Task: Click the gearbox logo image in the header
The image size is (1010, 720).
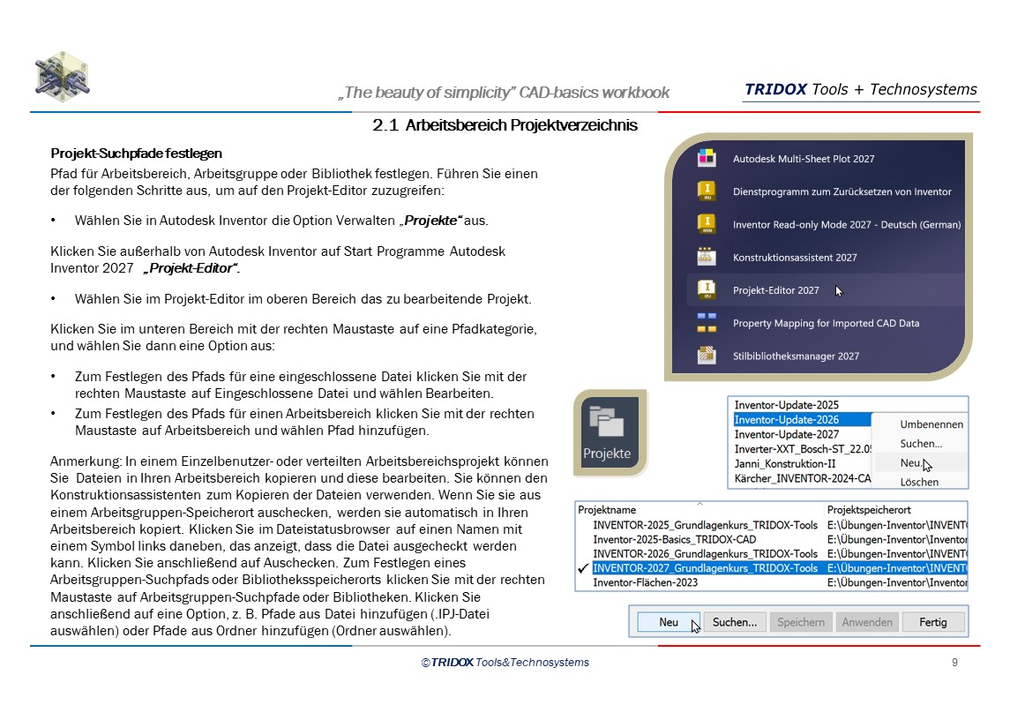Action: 62,78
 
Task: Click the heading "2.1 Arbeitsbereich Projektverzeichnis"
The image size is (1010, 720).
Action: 505,126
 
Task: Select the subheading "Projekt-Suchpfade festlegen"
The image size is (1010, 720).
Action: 136,154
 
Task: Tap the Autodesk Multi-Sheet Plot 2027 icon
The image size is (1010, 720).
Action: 706,159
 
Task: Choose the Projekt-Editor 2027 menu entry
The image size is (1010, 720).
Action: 775,290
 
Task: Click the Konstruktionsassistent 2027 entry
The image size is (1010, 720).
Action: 794,258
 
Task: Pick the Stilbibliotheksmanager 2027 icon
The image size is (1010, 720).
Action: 706,356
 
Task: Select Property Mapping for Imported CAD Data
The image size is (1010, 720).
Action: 826,323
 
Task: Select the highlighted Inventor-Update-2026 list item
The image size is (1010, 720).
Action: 786,420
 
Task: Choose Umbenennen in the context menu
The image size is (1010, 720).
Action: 931,424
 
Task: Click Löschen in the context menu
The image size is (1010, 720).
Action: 918,482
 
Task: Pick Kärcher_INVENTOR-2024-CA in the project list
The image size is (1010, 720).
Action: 802,479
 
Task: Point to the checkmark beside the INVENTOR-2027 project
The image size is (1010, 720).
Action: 583,569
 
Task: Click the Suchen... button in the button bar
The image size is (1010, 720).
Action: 734,622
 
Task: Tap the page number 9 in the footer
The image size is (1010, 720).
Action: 954,663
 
